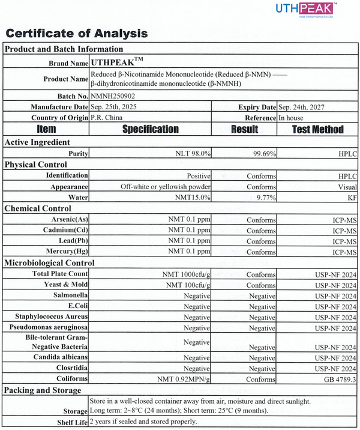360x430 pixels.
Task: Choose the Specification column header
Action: tap(150, 129)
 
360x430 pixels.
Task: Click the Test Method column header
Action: tap(317, 129)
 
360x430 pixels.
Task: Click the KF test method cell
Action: tap(352, 197)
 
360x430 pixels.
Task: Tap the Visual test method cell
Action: tap(347, 186)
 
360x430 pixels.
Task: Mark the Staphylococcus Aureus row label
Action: tap(49, 317)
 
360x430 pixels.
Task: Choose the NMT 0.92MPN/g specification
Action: tap(184, 379)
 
